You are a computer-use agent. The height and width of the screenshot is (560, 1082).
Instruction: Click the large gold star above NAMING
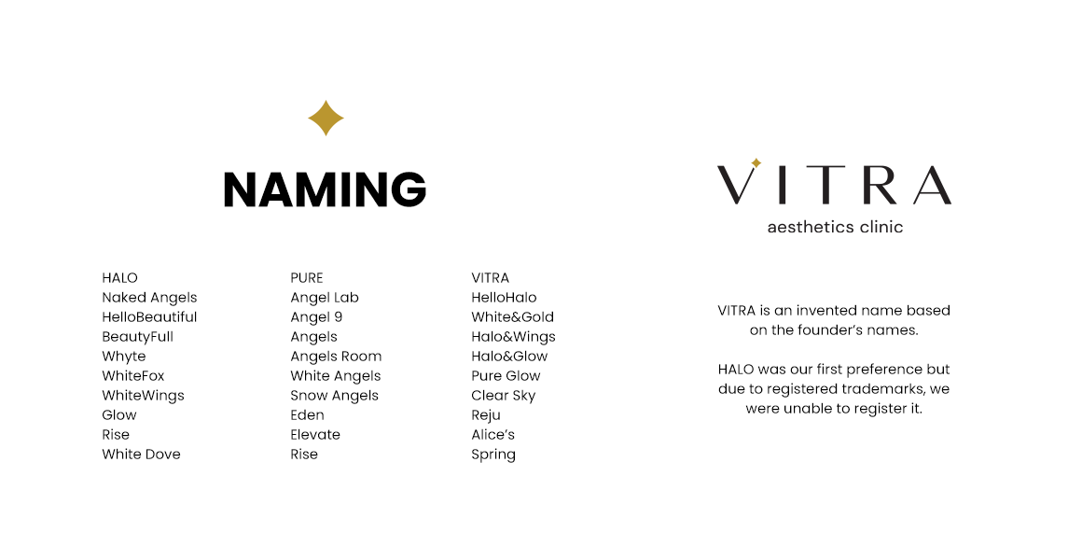pyautogui.click(x=326, y=119)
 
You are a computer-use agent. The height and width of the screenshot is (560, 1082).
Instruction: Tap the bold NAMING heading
pyautogui.click(x=325, y=189)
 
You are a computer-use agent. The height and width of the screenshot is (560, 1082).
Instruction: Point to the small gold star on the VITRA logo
pyautogui.click(x=756, y=163)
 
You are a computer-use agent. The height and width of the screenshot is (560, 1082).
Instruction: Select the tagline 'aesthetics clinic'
pyautogui.click(x=835, y=227)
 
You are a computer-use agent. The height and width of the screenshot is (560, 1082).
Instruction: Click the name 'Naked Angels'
pyautogui.click(x=149, y=298)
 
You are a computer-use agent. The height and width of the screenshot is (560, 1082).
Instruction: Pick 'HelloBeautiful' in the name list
pyautogui.click(x=149, y=317)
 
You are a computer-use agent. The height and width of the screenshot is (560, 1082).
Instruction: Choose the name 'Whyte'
pyautogui.click(x=124, y=357)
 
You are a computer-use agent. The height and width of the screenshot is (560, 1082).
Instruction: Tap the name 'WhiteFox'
pyautogui.click(x=133, y=376)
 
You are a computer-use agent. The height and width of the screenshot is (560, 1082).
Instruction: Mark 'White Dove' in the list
pyautogui.click(x=141, y=455)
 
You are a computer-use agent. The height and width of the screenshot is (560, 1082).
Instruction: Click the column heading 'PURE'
pyautogui.click(x=307, y=278)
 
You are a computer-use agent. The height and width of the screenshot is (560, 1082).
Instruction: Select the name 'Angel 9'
pyautogui.click(x=316, y=317)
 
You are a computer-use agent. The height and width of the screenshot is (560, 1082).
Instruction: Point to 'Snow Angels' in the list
pyautogui.click(x=334, y=396)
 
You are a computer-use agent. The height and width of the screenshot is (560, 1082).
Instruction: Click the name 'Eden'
pyautogui.click(x=307, y=415)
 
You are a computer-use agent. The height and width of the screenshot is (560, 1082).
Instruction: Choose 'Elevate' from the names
pyautogui.click(x=315, y=435)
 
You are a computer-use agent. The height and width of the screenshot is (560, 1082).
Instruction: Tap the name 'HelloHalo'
pyautogui.click(x=504, y=298)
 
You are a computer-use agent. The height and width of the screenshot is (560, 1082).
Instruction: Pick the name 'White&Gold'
pyautogui.click(x=512, y=317)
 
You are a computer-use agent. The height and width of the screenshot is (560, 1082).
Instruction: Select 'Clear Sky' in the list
pyautogui.click(x=503, y=396)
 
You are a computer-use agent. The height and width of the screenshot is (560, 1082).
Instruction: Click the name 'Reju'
pyautogui.click(x=486, y=415)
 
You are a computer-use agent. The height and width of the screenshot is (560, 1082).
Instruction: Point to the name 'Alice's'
pyautogui.click(x=492, y=435)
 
